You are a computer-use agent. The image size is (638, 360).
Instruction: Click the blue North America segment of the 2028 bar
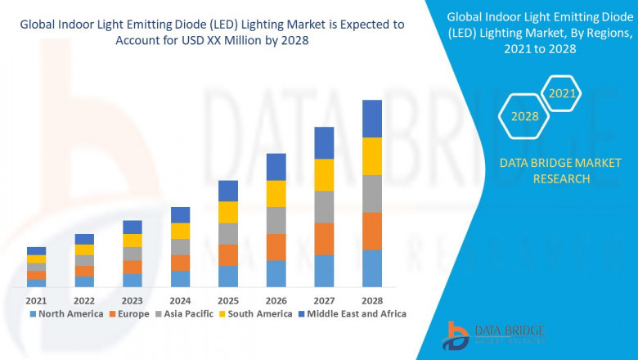tap(372, 268)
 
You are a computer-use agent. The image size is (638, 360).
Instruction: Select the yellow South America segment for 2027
tap(324, 175)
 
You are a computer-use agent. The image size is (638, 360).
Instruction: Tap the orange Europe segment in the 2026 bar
tap(276, 247)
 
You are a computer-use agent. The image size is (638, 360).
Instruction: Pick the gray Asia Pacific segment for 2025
tap(228, 233)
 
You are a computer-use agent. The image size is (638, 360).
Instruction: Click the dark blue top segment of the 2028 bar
tap(372, 119)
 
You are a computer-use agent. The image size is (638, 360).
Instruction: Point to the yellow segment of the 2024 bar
tap(180, 231)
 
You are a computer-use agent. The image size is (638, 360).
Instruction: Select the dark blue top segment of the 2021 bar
tap(36, 251)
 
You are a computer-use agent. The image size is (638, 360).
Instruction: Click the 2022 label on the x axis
tap(84, 300)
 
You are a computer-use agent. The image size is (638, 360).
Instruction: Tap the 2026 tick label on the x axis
tap(276, 300)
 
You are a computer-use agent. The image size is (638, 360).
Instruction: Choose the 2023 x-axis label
tap(132, 300)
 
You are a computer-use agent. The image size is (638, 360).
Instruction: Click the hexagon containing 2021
tap(561, 94)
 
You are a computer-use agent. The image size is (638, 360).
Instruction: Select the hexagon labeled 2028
tap(524, 116)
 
